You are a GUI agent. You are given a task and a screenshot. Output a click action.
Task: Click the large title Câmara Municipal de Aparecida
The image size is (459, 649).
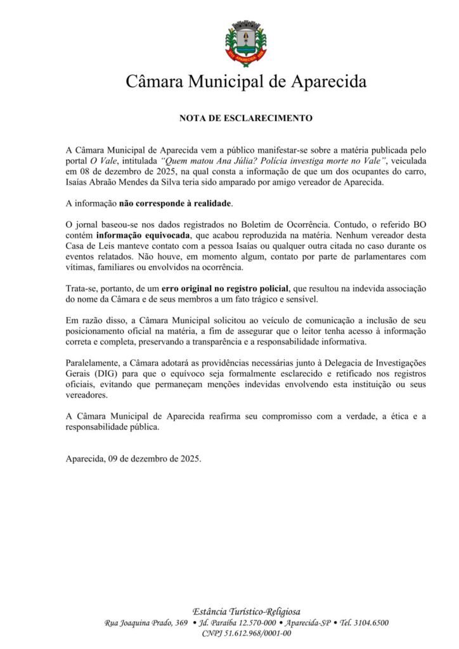[246, 82]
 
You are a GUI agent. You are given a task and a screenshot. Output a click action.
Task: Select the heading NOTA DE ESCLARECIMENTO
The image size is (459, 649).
[246, 118]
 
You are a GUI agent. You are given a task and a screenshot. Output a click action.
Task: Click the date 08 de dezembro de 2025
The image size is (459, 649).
[121, 171]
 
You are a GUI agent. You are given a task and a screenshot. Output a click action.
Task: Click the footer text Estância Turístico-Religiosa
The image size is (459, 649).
[246, 611]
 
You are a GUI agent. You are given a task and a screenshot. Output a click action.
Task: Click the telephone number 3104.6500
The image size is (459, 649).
[372, 622]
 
